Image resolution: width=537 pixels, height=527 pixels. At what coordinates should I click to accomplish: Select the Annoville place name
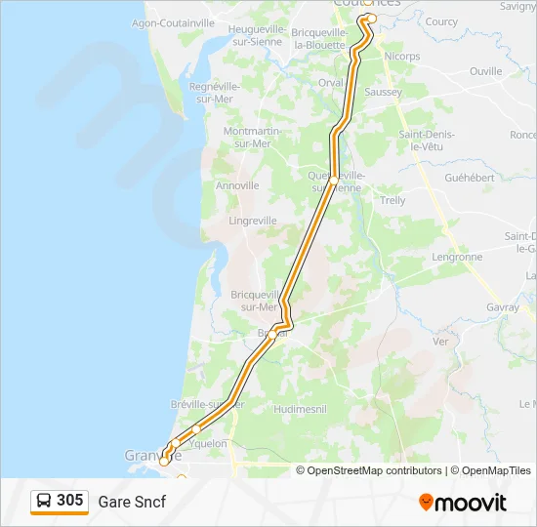pos(237,184)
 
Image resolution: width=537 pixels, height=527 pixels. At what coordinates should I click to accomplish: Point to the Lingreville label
pos(253,221)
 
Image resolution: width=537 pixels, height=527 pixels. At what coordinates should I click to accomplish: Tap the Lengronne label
pos(457,258)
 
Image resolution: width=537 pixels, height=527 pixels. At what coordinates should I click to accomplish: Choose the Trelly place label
pos(392,200)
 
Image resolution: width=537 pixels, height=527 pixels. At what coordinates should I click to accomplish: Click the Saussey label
pos(383,92)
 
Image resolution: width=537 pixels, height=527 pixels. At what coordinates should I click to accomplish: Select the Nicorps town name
pos(402,57)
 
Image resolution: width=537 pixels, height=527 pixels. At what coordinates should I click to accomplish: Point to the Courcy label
pos(441,21)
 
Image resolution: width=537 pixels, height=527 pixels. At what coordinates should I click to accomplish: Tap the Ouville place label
pos(485,71)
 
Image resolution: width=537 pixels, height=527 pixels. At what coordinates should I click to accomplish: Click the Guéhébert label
pos(470,179)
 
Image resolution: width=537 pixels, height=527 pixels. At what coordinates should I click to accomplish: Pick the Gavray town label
pos(502,306)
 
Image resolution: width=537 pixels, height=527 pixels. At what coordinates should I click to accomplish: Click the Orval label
pos(331,83)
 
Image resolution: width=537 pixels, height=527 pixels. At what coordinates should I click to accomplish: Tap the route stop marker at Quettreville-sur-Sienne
pos(333,182)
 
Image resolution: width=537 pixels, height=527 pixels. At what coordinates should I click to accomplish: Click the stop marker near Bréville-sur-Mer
pos(196,428)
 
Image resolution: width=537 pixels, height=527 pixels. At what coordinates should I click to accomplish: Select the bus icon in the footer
pos(44,502)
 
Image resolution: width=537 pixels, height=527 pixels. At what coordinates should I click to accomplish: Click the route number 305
pos(69,501)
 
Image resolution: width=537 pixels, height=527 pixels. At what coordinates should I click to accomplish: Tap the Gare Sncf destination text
pos(132,502)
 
